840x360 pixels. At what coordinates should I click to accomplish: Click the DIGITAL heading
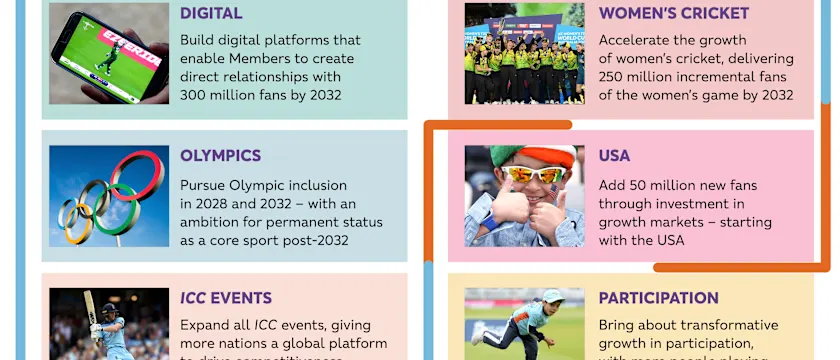(211, 13)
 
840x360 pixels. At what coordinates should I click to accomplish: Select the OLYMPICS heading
(220, 156)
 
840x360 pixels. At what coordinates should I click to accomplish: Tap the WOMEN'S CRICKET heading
(673, 13)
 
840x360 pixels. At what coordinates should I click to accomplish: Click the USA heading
(614, 156)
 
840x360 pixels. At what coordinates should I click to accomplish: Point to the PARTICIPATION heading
(658, 298)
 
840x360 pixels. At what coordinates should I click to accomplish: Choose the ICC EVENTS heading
(225, 298)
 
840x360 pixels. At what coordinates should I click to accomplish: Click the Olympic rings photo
(108, 197)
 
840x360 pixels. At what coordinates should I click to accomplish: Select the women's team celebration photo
(524, 55)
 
